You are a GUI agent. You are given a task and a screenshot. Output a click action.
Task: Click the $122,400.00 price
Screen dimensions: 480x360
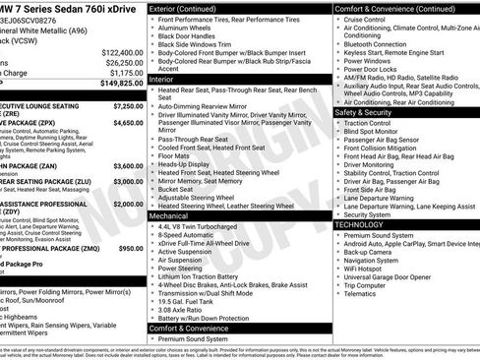pos(122,52)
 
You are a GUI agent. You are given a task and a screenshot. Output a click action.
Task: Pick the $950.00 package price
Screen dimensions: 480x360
pos(131,249)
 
